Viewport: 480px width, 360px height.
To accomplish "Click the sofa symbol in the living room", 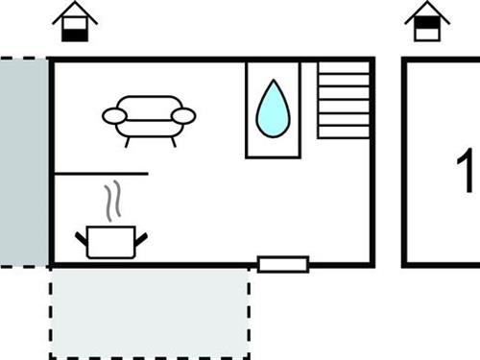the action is coord(149,117).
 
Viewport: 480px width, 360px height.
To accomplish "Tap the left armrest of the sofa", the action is coord(114,116).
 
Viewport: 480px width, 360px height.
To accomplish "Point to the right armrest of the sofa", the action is coord(183,116).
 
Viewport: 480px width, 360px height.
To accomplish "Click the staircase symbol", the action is coord(344,100).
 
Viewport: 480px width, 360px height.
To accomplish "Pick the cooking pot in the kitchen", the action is coord(111,242).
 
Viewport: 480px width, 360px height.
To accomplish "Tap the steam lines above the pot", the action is coord(113,200).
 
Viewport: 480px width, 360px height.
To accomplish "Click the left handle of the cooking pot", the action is coord(82,236).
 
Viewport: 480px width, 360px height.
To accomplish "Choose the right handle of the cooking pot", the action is coord(142,236).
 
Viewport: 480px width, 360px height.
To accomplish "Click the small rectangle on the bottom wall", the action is coord(283,264).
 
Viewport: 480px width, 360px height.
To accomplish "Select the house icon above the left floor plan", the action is coord(75,21).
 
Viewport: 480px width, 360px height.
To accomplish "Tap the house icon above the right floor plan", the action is coord(427,21).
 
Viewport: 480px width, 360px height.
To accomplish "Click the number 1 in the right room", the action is coord(468,171).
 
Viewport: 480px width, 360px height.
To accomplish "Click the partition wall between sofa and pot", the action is coord(101,174).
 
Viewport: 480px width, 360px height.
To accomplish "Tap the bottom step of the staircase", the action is coord(344,132).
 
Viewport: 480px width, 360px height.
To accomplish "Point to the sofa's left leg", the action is coord(127,140).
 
